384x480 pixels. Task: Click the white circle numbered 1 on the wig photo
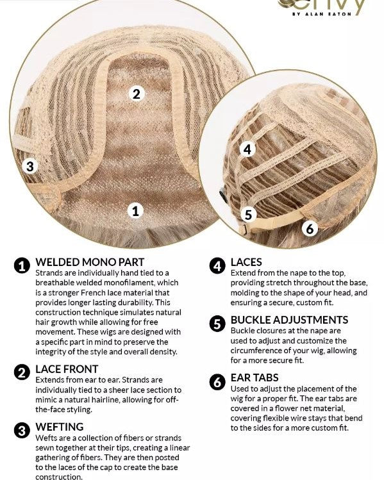click(135, 211)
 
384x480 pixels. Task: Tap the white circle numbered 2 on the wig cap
click(137, 94)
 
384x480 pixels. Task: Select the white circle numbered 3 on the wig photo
click(30, 166)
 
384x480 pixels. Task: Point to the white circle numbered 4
click(247, 149)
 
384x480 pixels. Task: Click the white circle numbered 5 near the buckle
click(248, 214)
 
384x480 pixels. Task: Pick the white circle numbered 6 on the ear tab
click(310, 228)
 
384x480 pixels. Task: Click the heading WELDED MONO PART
click(90, 262)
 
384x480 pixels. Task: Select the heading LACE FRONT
click(67, 369)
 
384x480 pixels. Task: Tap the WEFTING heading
click(60, 427)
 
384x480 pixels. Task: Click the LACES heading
click(246, 262)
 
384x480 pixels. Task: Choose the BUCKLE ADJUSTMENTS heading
click(289, 320)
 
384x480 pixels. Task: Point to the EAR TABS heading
click(255, 377)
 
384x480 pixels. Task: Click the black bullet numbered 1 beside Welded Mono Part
click(22, 265)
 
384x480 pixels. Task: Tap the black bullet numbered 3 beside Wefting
click(22, 431)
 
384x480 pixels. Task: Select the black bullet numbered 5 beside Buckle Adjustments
click(217, 324)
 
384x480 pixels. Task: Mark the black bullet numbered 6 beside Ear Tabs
click(217, 382)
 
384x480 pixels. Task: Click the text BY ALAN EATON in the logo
click(322, 14)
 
